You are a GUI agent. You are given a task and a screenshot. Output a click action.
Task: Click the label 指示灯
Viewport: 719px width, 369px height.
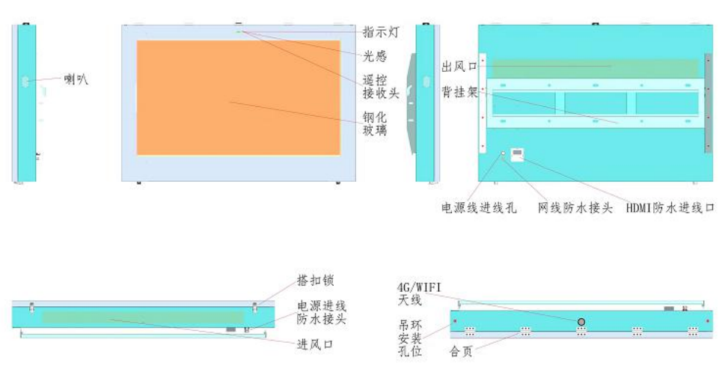[x=381, y=32]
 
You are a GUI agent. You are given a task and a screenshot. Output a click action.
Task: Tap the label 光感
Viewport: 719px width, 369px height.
[x=375, y=56]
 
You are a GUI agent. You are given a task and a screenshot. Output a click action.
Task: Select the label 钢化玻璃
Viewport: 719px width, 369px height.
[x=375, y=123]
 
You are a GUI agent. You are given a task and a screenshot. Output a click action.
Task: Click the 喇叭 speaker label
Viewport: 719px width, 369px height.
[x=76, y=79]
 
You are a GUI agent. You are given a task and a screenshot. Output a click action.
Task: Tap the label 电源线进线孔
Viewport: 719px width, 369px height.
[x=479, y=208]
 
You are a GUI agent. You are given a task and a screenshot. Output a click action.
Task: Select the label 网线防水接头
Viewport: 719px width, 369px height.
[x=575, y=208]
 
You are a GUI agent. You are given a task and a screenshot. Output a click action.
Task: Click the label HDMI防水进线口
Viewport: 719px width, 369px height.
[x=670, y=208]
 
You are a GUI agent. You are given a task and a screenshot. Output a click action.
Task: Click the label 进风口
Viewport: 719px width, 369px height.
[x=316, y=344]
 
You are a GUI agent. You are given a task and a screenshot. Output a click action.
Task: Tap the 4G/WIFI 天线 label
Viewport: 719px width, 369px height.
[x=419, y=294]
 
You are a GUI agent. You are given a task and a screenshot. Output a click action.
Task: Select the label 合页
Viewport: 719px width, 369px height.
[x=461, y=352]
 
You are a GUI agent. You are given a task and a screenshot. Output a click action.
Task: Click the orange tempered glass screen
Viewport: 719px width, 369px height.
[x=239, y=97]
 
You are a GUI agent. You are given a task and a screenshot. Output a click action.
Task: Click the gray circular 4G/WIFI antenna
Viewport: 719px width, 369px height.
[x=581, y=322]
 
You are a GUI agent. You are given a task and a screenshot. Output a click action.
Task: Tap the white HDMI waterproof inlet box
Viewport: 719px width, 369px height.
[x=517, y=155]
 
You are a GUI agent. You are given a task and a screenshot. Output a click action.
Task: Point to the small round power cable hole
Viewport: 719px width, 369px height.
[x=503, y=153]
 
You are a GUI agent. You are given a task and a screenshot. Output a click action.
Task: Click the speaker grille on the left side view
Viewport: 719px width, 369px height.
[x=25, y=82]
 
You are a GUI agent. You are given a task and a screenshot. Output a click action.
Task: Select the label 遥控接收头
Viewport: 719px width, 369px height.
[x=381, y=88]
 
